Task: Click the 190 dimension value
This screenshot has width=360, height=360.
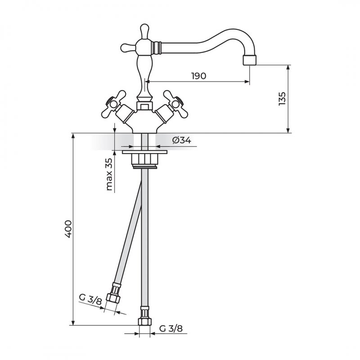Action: pos(199,76)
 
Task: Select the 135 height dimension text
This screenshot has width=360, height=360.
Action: pos(282,99)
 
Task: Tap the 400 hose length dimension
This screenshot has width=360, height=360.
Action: pos(68,229)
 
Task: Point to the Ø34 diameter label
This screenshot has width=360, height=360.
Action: pos(182,140)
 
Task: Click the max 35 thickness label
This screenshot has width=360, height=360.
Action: pos(109,175)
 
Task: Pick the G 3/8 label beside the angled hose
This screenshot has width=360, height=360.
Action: pos(90,299)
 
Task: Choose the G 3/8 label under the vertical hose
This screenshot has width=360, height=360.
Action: pos(171,328)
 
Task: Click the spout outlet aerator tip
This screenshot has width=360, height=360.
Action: pos(249,60)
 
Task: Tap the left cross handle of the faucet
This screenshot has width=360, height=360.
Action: pos(114,104)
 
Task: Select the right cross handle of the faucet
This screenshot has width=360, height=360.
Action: pos(175,104)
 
